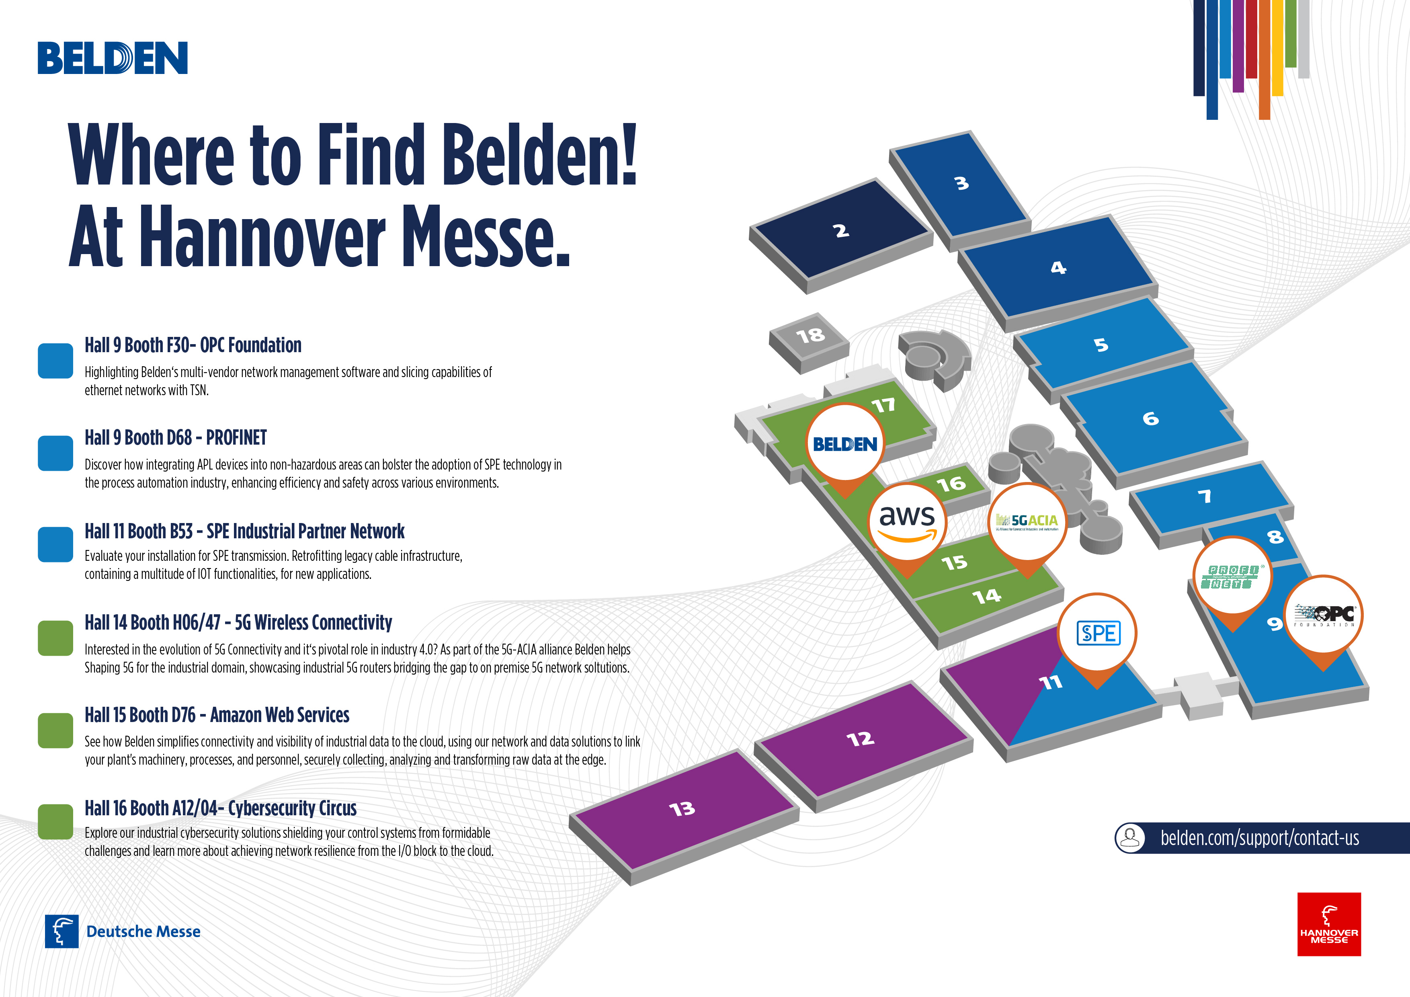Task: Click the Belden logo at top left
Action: click(113, 58)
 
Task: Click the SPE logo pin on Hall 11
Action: click(1097, 633)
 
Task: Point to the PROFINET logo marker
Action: click(1232, 576)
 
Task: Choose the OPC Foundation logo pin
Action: click(1324, 615)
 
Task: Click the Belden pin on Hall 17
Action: click(844, 443)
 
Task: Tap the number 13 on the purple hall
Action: click(682, 808)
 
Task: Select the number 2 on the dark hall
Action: click(841, 231)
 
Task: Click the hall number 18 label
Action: click(810, 335)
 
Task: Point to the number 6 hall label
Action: click(1150, 419)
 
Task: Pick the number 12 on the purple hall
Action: click(860, 739)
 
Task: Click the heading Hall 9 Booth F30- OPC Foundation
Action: click(193, 345)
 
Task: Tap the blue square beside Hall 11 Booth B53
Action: click(55, 544)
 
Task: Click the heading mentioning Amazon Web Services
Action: click(217, 715)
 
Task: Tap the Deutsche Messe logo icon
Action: click(61, 931)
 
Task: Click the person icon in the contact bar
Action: click(1130, 837)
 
